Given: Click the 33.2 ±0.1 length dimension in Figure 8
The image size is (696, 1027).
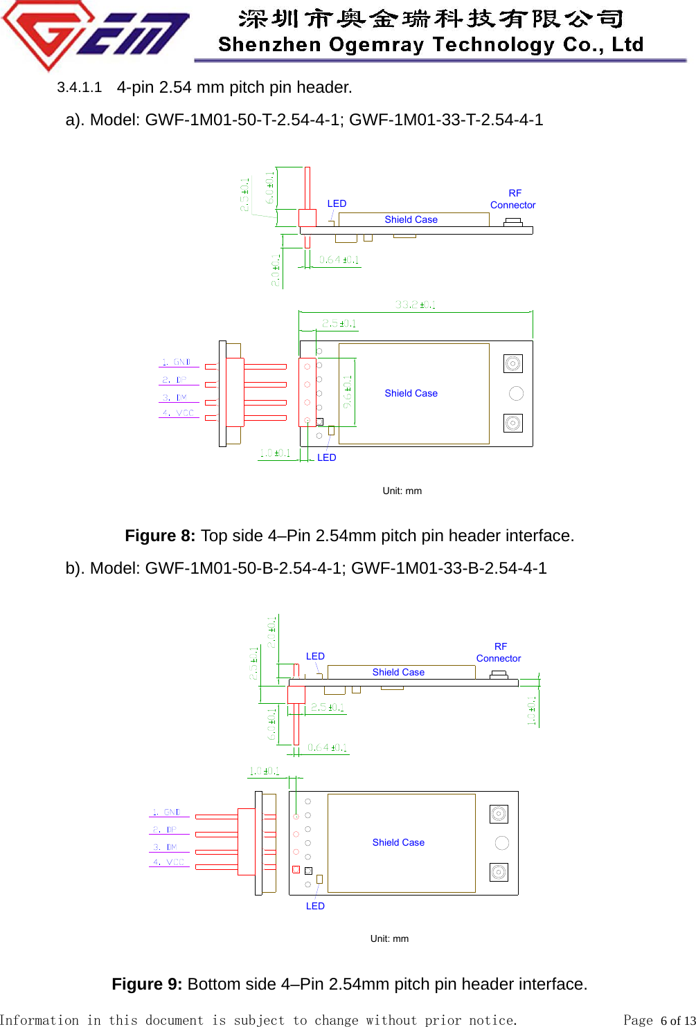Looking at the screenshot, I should pos(416,305).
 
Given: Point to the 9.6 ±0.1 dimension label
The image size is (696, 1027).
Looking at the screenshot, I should pos(348,391).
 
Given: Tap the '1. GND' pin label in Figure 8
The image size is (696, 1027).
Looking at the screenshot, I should pos(177,362).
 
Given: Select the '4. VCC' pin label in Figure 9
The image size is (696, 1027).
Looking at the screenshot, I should pos(169,862).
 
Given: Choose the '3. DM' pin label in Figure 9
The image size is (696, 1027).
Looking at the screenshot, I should pos(165,847).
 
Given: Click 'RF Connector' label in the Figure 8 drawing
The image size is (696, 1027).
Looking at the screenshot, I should pos(513,199).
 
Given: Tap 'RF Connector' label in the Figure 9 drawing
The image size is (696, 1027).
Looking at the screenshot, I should pos(499,653).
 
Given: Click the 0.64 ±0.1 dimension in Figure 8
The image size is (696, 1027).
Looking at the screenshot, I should pos(339,260).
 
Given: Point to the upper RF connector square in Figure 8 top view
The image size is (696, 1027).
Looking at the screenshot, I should pos(513,363).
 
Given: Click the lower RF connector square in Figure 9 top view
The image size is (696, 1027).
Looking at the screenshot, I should pos(499,872).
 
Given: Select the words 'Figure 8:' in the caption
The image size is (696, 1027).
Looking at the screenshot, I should pos(160,536).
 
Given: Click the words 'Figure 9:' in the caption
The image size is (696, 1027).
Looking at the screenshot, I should pos(147,984).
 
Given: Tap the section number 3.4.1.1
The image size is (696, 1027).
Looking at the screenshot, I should pos(79,87).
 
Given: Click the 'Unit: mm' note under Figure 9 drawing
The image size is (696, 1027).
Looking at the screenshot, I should pos(389,938).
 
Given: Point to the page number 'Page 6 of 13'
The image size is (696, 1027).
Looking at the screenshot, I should pos(658,1020).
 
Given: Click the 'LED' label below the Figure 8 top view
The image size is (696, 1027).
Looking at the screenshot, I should pos(326,457).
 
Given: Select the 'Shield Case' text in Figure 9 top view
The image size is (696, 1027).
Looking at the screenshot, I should pos(398,842).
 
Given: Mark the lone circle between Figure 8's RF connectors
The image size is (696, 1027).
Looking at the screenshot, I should pos(516,393).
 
